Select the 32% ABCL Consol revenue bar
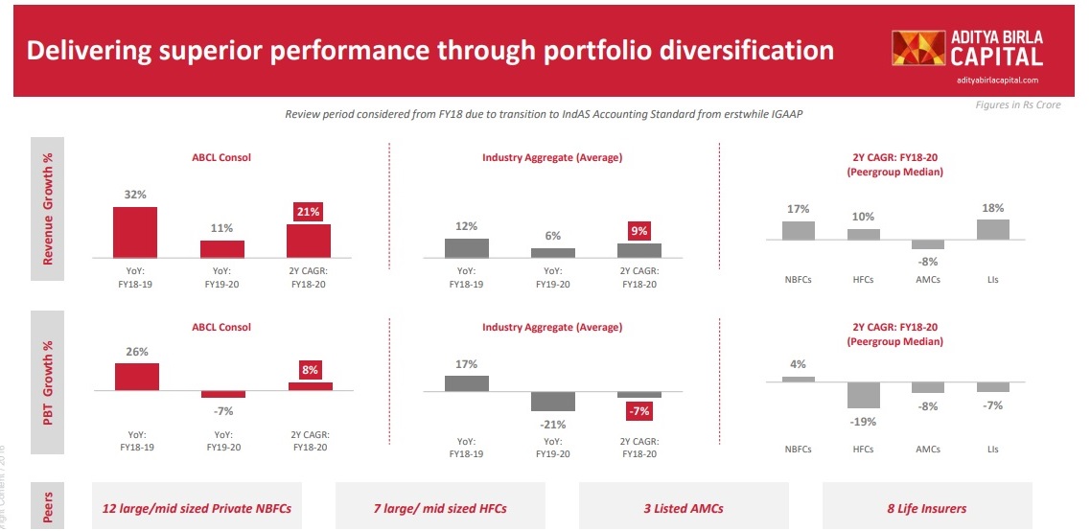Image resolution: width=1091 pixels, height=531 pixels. (x=134, y=233)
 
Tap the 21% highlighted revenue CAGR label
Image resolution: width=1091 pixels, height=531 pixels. (x=309, y=211)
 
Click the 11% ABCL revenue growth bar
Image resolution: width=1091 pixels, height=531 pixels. (x=221, y=249)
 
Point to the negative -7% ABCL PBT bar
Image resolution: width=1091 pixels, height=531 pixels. (x=222, y=394)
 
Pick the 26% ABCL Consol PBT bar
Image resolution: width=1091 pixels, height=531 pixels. (x=136, y=377)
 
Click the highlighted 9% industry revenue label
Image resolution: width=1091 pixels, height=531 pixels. (x=639, y=230)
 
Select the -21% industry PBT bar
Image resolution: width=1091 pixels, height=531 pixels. (x=553, y=401)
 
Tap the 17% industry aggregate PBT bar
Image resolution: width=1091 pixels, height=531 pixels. (x=467, y=382)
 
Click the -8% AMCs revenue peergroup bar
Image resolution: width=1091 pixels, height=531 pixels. (x=927, y=244)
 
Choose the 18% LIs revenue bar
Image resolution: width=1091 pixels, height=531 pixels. (x=992, y=229)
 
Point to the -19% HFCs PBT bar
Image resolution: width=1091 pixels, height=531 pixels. (x=863, y=395)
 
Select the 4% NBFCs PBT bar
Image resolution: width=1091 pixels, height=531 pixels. (x=798, y=379)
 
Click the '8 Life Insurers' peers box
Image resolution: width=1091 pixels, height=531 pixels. (x=926, y=508)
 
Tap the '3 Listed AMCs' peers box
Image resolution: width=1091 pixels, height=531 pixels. (x=683, y=508)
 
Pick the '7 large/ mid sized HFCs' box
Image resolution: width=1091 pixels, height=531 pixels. (x=439, y=508)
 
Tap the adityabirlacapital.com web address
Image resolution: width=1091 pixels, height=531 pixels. (x=997, y=81)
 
